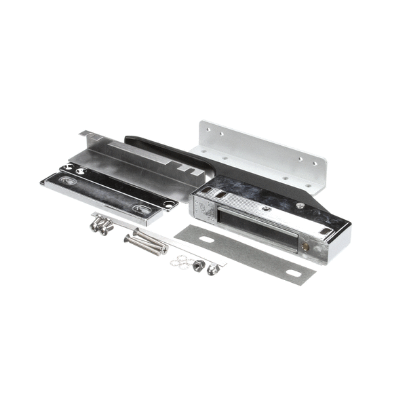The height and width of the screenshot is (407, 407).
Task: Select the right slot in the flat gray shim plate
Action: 294,273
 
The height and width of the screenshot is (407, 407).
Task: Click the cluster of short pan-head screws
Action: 102,225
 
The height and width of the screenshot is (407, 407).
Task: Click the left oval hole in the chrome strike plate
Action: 66,181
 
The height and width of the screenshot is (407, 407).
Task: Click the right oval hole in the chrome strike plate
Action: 140,209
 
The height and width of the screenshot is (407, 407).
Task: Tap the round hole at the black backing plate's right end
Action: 168,203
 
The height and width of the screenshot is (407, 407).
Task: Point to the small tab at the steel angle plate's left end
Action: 84,136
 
